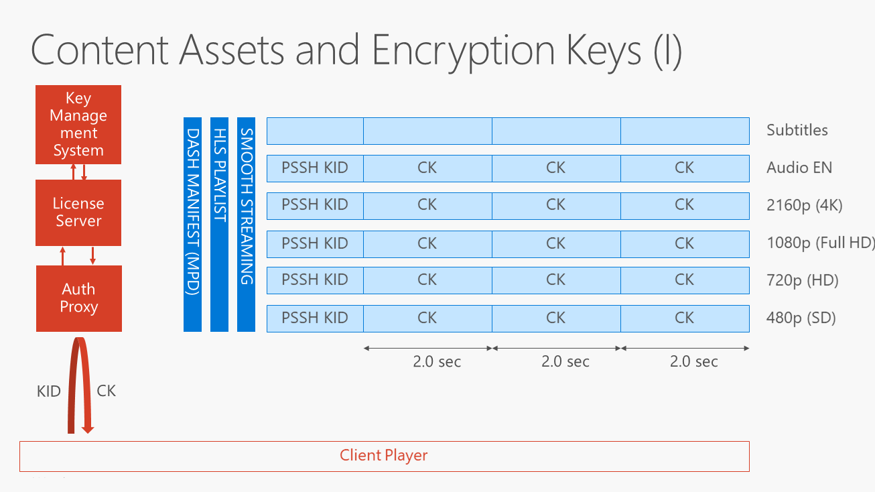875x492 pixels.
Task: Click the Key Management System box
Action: tap(78, 125)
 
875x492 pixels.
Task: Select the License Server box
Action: tap(78, 212)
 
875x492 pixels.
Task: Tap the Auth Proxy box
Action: tap(79, 298)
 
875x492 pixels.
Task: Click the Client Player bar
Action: tap(384, 456)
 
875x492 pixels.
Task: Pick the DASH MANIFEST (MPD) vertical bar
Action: tap(192, 224)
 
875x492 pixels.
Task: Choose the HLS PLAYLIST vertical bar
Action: tap(219, 224)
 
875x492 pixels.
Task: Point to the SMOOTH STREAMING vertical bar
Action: tap(246, 224)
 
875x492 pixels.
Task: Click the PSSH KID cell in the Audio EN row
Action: tap(315, 168)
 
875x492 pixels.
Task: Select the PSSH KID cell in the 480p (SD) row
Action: tap(315, 318)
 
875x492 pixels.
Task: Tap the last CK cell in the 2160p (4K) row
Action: tap(684, 205)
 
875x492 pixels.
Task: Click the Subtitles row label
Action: tap(797, 131)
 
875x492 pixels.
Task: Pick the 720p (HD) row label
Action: tap(802, 281)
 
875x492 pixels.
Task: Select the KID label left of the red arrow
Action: tap(49, 391)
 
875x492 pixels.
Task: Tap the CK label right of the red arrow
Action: tap(107, 391)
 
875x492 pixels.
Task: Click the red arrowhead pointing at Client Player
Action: tap(87, 429)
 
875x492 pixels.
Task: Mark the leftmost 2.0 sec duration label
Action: tap(437, 362)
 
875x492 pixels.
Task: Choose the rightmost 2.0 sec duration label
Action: tap(693, 362)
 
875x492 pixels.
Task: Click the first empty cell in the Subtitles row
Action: tap(315, 131)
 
